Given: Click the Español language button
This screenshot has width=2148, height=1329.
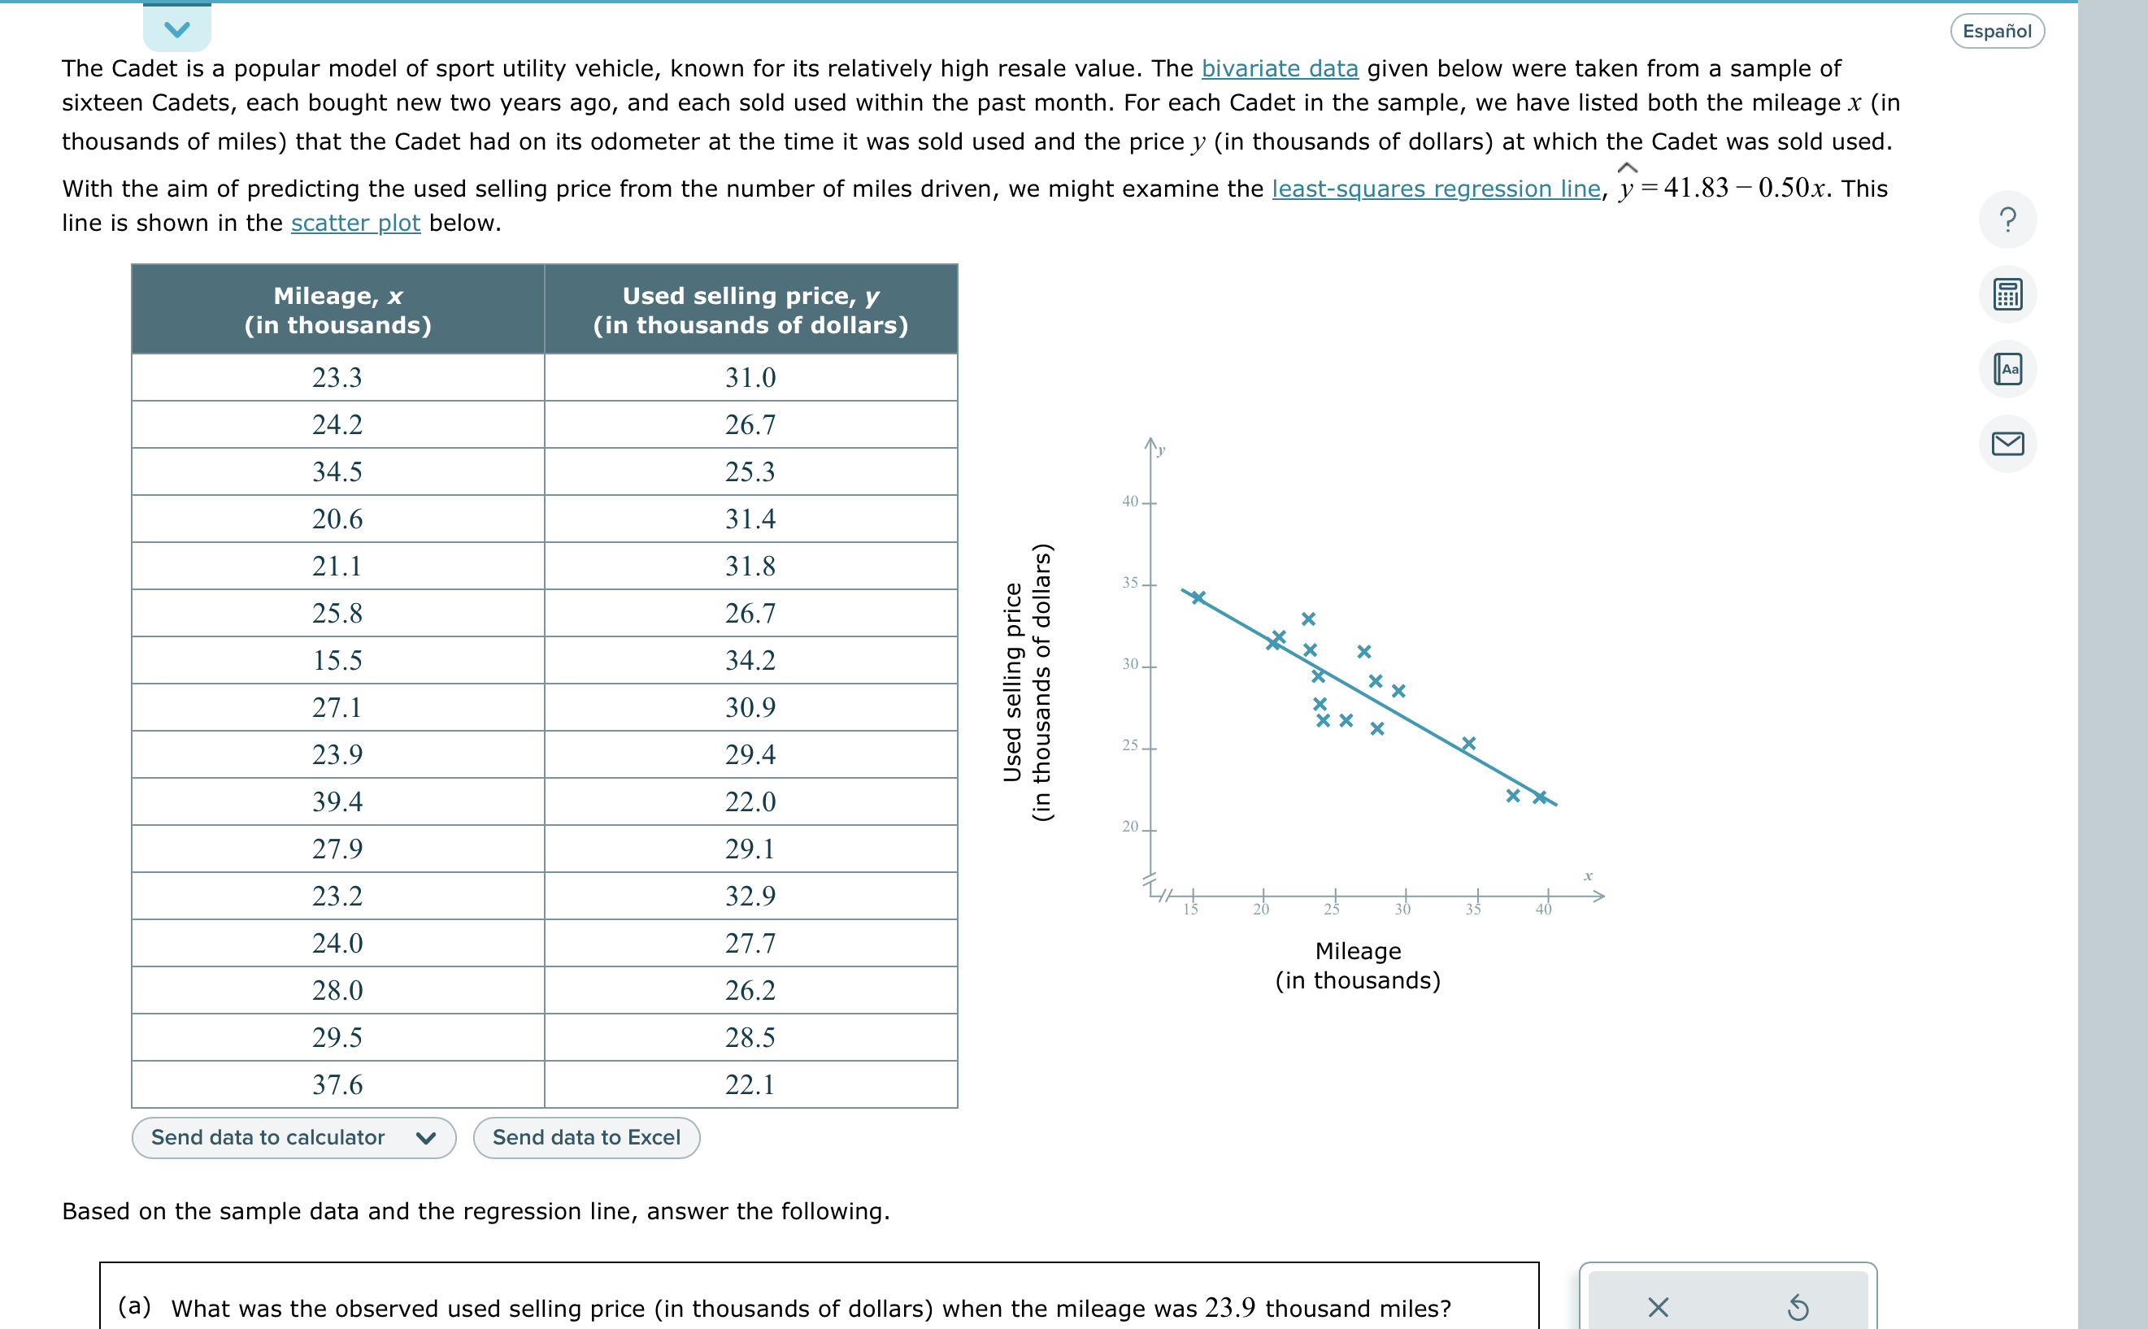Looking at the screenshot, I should (x=1996, y=32).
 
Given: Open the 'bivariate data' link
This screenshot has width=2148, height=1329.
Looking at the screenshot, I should (x=1279, y=68).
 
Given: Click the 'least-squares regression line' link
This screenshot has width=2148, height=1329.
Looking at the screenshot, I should (x=1435, y=189).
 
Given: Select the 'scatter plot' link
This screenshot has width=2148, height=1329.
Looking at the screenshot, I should (x=355, y=224).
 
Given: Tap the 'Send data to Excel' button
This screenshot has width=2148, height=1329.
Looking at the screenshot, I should (x=586, y=1137).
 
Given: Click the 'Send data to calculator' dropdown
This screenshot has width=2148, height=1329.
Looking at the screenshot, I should (x=294, y=1137).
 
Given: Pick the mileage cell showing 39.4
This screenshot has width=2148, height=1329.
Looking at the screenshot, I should (x=337, y=801).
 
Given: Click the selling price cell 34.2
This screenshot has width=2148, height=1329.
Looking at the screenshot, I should (x=750, y=660).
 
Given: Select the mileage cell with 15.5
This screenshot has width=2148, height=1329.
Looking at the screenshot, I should (x=337, y=660).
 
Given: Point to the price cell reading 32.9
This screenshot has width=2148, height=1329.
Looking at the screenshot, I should (x=750, y=896).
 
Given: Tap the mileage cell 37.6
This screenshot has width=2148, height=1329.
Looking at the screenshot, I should (x=337, y=1084).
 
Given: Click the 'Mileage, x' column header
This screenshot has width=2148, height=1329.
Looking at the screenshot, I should (x=337, y=310).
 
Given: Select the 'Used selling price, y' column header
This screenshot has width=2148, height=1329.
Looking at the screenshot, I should (x=750, y=310).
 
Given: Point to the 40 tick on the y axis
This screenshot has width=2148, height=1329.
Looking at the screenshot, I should (x=1130, y=502).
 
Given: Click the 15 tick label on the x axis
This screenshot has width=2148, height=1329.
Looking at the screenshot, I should (x=1191, y=910).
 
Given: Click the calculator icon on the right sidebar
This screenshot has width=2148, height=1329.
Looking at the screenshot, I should (x=2007, y=294).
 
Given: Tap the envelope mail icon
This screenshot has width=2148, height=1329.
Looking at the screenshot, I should (x=2007, y=444).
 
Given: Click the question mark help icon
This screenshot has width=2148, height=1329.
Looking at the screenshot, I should (x=2007, y=219).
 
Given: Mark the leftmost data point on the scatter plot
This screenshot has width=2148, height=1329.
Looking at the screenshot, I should (x=1198, y=597).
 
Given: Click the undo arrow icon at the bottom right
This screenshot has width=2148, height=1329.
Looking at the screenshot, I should (x=1798, y=1307).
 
